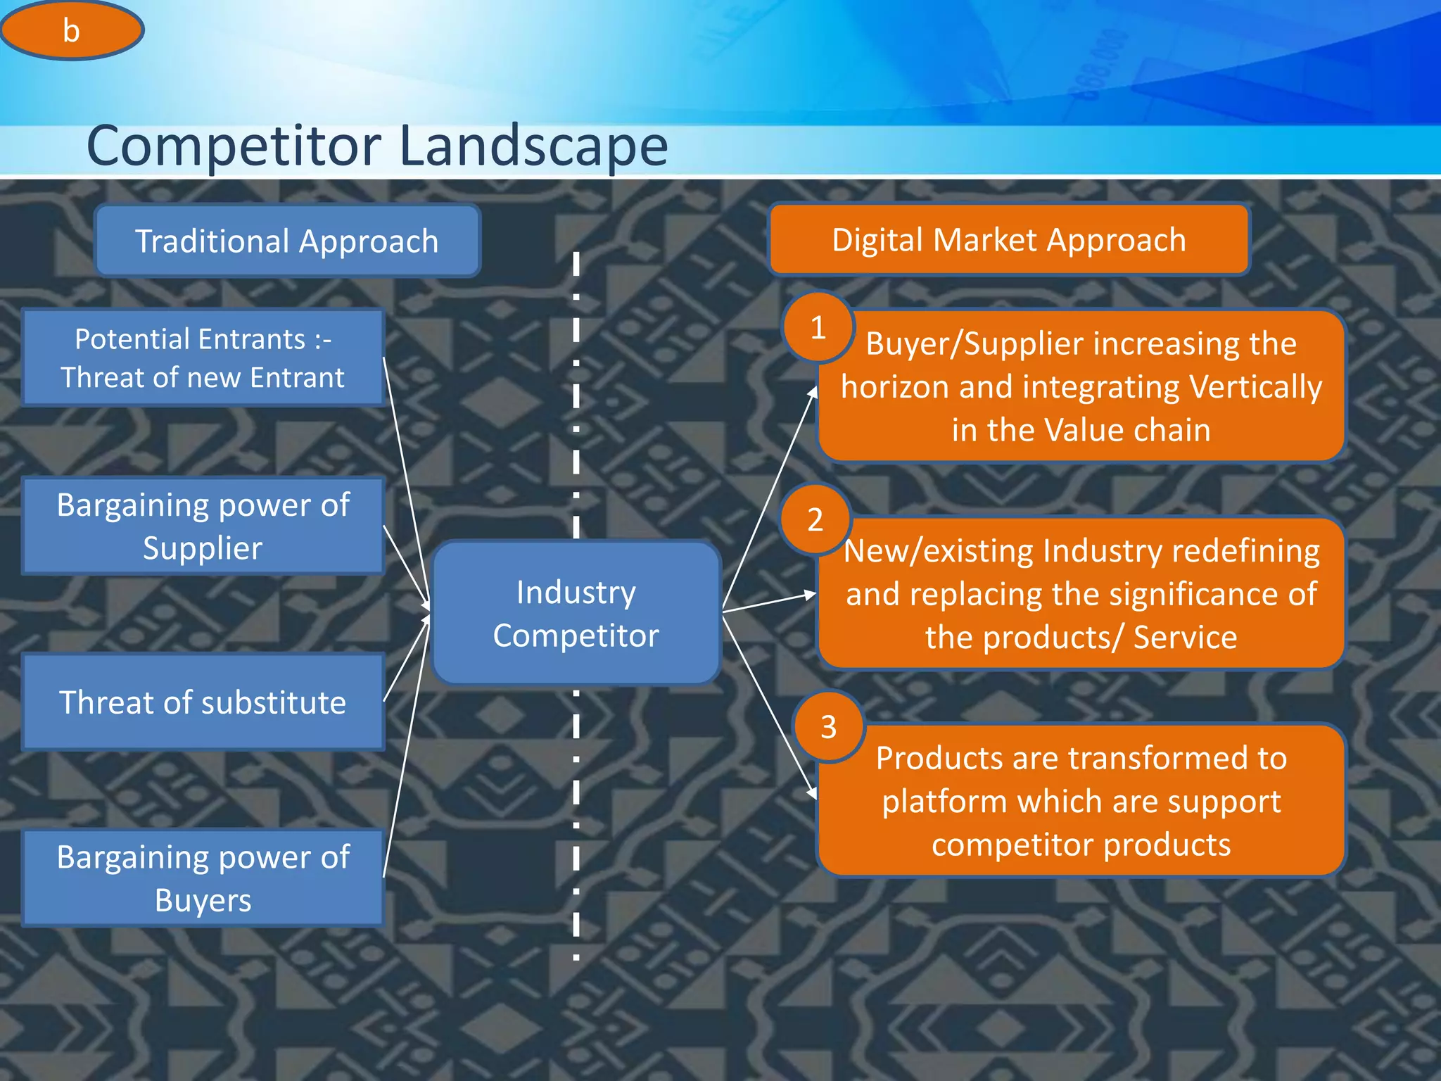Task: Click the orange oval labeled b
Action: [71, 30]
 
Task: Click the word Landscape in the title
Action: [533, 146]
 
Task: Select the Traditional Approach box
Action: [287, 241]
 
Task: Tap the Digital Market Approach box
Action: [1009, 240]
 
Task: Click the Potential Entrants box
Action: [203, 358]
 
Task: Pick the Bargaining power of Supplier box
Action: [203, 526]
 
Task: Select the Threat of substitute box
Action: [203, 702]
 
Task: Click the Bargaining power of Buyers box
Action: [203, 878]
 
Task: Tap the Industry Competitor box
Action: [576, 613]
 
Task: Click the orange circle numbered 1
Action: [818, 327]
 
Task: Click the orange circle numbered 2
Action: [815, 519]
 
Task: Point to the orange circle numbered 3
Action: [828, 726]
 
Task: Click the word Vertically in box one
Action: [1255, 387]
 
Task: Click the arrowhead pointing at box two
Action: [810, 595]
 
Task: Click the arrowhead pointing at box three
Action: [812, 793]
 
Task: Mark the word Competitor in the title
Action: [234, 146]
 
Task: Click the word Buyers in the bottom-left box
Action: [203, 900]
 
